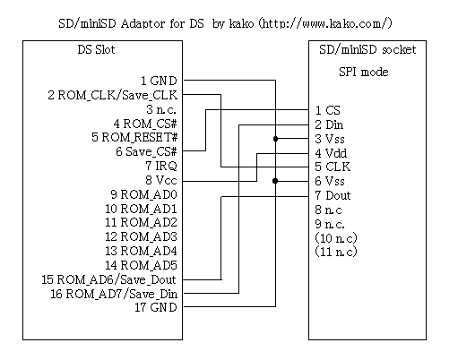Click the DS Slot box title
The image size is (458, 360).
pos(96,49)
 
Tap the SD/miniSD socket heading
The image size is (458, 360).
pos(367,49)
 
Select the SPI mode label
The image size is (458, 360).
pos(364,72)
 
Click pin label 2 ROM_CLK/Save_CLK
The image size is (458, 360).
pos(113,95)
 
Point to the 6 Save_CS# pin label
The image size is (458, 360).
pos(146,151)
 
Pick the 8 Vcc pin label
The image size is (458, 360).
pos(161,180)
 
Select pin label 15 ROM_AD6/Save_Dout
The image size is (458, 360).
pos(108,279)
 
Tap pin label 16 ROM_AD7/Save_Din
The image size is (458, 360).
pos(114,294)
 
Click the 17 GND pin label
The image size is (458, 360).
pos(156,307)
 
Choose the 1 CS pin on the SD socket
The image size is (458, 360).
pos(328,110)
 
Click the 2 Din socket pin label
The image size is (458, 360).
pos(329,124)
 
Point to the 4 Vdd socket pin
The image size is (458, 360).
pos(331,153)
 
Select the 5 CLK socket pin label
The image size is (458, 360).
pos(333,167)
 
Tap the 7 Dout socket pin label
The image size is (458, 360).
pos(333,195)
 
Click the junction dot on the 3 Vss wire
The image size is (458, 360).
pos(275,139)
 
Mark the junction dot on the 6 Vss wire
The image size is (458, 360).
pos(275,181)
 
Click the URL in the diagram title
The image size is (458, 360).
pos(325,23)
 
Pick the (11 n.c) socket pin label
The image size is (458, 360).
pos(336,252)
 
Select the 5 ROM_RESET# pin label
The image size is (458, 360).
pos(134,137)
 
